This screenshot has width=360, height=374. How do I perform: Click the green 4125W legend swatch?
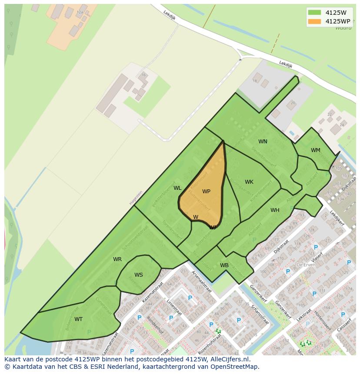(x=314, y=13)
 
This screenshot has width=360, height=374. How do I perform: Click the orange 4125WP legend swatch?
(x=314, y=21)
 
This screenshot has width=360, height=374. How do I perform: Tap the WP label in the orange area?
(x=206, y=192)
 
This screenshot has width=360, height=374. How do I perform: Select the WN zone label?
(x=263, y=142)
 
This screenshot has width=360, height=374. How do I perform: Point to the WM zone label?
(x=316, y=150)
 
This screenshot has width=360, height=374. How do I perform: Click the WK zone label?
(x=249, y=182)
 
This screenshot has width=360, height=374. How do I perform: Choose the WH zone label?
(x=275, y=210)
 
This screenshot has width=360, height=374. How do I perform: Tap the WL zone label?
(x=177, y=188)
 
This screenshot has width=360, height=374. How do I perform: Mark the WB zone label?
(x=224, y=265)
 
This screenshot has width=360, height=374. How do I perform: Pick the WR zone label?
(x=117, y=259)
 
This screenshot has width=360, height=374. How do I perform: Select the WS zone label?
(x=138, y=275)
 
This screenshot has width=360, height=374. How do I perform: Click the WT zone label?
(x=78, y=319)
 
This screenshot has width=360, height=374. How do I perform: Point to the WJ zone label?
(x=213, y=227)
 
